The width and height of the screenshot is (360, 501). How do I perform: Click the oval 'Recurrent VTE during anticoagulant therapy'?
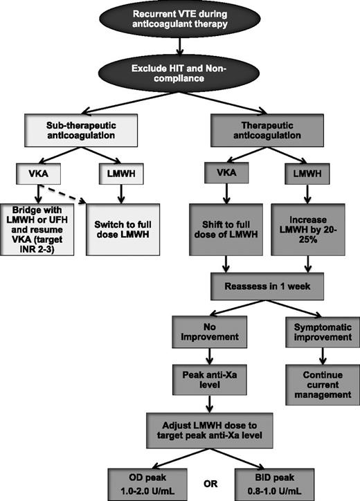click(x=179, y=21)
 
